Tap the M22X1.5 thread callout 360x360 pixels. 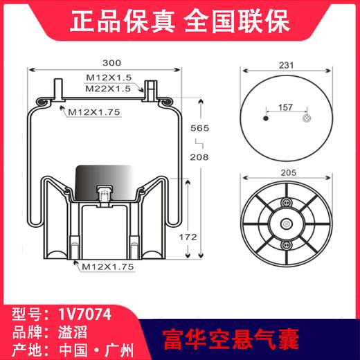(109, 89)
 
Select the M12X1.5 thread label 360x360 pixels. (109, 79)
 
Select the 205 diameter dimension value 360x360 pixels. (287, 174)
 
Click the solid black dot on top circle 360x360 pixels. (265, 120)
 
